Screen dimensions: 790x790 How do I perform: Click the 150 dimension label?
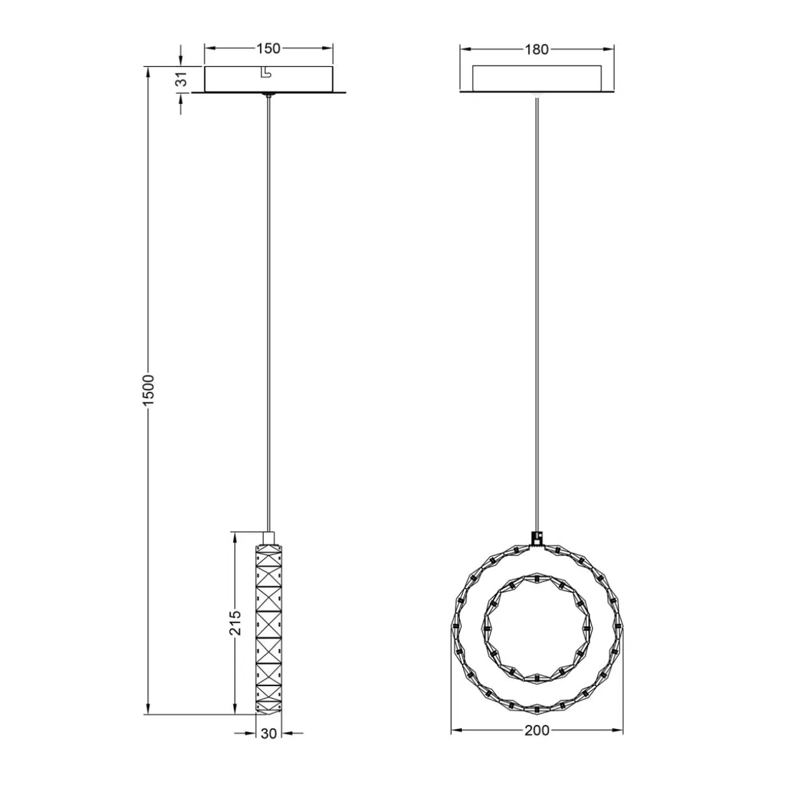click(x=268, y=48)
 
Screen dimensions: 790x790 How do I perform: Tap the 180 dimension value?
click(x=536, y=49)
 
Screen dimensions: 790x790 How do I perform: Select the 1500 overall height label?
click(x=148, y=390)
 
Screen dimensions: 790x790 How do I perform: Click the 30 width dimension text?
click(x=268, y=745)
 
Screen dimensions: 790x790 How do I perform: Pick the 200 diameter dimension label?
click(x=536, y=742)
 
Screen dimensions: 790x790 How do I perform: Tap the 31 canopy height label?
click(x=183, y=79)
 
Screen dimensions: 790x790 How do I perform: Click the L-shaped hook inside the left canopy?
click(x=266, y=72)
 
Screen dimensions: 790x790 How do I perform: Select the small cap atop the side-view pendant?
click(x=268, y=538)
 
